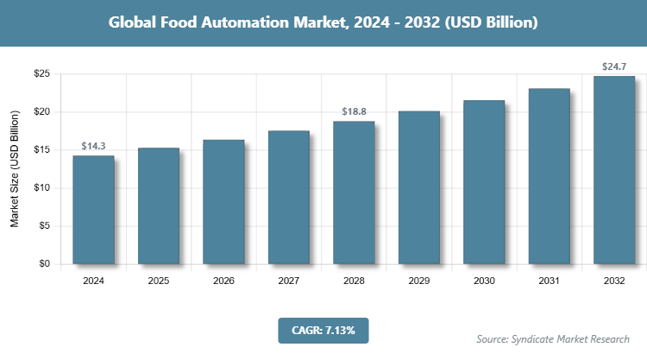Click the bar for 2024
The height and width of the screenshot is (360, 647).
pyautogui.click(x=93, y=210)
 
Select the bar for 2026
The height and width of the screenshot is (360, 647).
pyautogui.click(x=223, y=202)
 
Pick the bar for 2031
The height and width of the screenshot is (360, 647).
pyautogui.click(x=549, y=176)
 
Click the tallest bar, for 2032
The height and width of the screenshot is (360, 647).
pyautogui.click(x=614, y=170)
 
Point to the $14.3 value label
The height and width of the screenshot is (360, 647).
pyautogui.click(x=93, y=146)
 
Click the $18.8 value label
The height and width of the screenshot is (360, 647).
pyautogui.click(x=354, y=111)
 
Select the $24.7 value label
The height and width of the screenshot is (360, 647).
pyautogui.click(x=614, y=66)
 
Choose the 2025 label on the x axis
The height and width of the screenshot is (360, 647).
pyautogui.click(x=159, y=281)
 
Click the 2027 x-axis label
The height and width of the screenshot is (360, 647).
pyautogui.click(x=289, y=281)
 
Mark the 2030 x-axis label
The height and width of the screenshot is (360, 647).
pyautogui.click(x=484, y=281)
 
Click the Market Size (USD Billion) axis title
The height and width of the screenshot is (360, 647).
pyautogui.click(x=15, y=169)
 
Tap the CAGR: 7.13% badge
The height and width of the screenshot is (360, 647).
pyautogui.click(x=323, y=330)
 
